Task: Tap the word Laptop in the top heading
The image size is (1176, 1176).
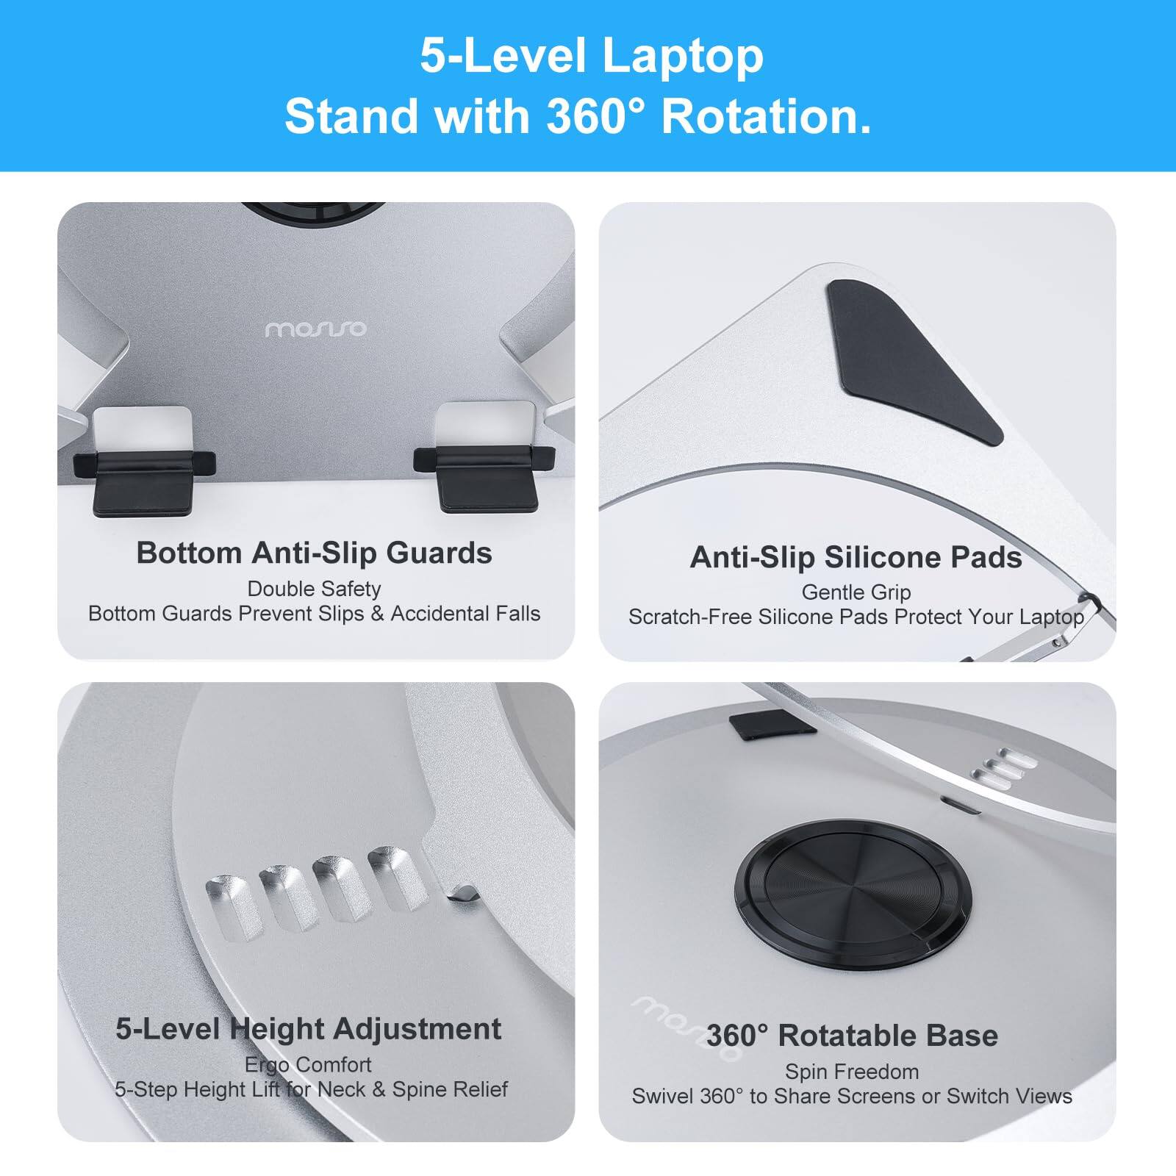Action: pos(683,56)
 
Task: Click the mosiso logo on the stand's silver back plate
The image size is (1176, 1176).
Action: pos(315,329)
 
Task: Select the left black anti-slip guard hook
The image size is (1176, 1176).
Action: pos(144,482)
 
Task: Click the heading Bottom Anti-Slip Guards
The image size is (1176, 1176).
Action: pos(314,553)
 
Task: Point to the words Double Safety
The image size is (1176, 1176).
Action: pos(314,589)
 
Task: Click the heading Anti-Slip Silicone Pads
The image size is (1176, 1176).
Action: pos(856,557)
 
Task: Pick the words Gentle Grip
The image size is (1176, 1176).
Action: pos(856,592)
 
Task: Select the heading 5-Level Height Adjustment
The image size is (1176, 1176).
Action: pos(308,1028)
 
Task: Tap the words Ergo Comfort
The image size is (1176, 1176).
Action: pos(308,1064)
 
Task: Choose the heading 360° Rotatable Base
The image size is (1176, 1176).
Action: pos(852,1036)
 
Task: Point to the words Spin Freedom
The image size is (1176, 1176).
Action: pos(852,1072)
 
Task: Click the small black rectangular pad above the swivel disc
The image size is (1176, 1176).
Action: pos(772,723)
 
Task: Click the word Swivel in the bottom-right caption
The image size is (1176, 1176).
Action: pos(662,1097)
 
